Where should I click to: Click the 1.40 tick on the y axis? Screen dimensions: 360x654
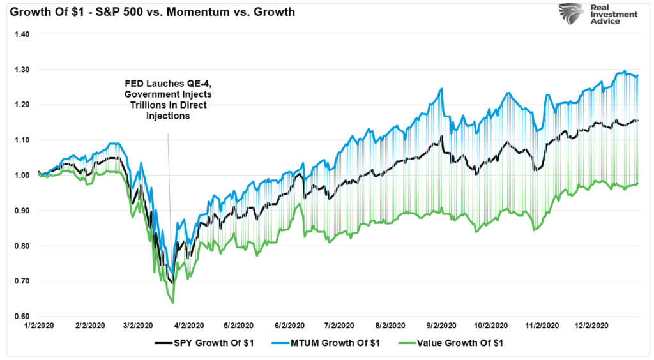click(x=22, y=34)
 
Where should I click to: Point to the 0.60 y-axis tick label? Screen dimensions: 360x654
click(x=22, y=317)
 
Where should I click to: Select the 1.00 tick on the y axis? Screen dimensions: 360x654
click(x=22, y=176)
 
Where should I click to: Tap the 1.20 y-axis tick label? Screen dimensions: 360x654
click(x=22, y=105)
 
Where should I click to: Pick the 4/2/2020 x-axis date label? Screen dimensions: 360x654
click(x=190, y=326)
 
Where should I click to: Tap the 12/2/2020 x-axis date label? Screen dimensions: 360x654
click(x=592, y=326)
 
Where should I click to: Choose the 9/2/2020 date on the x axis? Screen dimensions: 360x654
click(x=441, y=326)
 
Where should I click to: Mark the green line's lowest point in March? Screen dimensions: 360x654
click(x=173, y=303)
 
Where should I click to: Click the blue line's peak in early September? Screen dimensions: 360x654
click(x=441, y=89)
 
